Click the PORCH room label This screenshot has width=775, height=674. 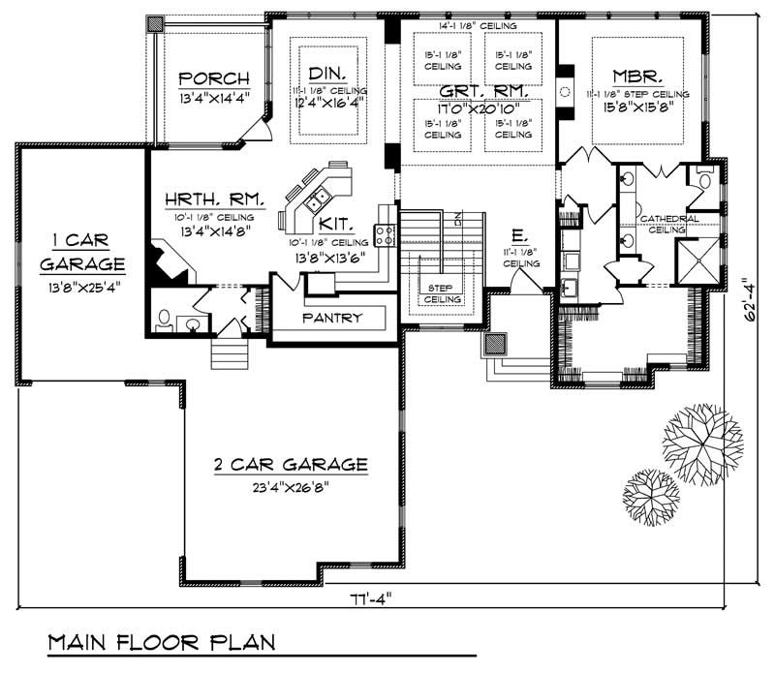tap(213, 78)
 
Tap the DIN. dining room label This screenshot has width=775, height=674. tap(323, 74)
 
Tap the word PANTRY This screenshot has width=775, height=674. tap(331, 318)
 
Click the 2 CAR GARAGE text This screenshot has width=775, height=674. tap(291, 466)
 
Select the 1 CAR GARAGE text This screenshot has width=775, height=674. tap(82, 251)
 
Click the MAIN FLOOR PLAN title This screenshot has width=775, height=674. tap(161, 642)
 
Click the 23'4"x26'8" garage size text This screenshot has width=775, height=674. tap(291, 489)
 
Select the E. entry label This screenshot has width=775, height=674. tap(519, 234)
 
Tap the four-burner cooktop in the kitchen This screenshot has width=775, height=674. tap(384, 232)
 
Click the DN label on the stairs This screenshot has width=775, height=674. tap(462, 219)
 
